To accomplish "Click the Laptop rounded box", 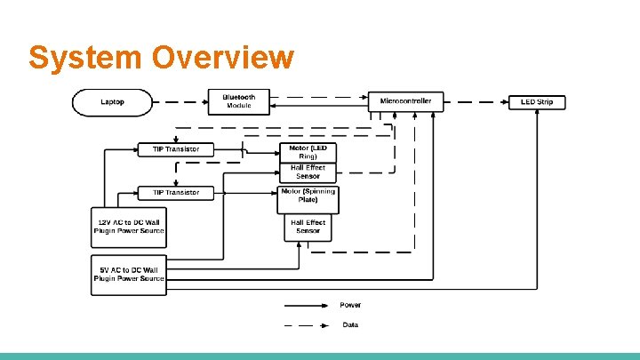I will [113, 102].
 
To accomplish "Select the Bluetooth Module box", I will [238, 101].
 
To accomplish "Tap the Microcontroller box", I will [405, 101].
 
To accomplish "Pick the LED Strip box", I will [536, 102].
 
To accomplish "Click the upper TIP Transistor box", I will [176, 149].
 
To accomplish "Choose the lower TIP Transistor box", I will [176, 192].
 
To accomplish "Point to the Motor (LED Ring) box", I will [308, 152].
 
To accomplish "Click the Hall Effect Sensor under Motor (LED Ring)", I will [308, 172].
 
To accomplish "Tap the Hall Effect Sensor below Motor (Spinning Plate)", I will [308, 227].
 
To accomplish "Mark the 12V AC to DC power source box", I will [129, 227].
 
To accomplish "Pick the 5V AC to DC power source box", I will [129, 275].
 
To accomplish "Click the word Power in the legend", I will [351, 305].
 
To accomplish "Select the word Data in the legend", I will [351, 324].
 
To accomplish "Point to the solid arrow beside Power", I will [304, 305].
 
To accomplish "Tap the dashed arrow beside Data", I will [304, 325].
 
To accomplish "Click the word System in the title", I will [85, 57].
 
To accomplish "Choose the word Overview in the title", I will [222, 57].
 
